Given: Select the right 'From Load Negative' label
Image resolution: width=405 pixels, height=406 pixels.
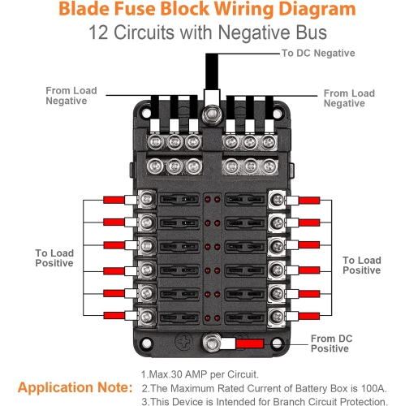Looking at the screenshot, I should pos(349,98).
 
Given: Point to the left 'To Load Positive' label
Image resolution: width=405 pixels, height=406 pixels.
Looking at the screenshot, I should pos(54,258).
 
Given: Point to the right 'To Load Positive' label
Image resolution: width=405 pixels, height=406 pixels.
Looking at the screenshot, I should pos(361,266).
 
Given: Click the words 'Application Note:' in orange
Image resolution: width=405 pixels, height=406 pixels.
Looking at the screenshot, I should pos(75,387).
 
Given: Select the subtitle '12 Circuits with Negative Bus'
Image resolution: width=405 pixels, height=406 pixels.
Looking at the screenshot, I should pos(202,33).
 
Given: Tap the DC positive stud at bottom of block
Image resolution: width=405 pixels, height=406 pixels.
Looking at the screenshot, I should pos(214,344).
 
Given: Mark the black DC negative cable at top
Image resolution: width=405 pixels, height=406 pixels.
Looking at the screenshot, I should pos(212,73).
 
